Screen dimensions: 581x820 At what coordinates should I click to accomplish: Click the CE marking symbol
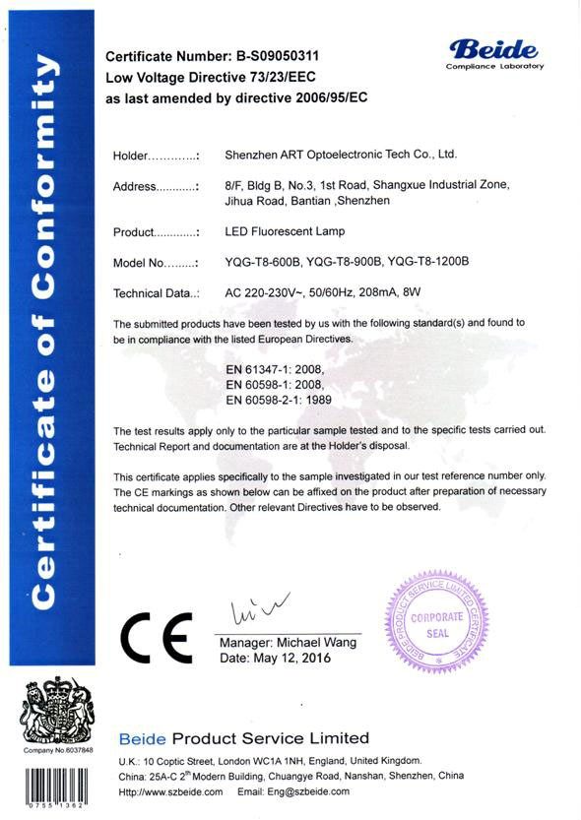pos(157,639)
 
